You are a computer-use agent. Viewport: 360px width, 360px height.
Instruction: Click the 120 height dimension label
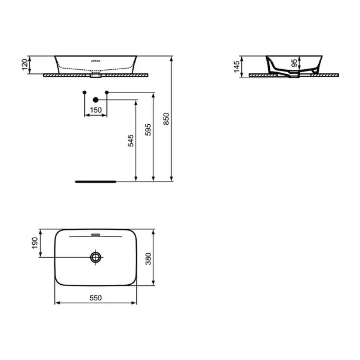(24, 64)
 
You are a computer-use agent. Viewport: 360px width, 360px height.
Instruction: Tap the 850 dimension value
(166, 119)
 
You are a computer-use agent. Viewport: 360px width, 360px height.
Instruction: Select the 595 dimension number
(148, 130)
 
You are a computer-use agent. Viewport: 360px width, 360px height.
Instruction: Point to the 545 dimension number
(131, 140)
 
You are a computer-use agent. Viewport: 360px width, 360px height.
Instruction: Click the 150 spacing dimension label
(96, 110)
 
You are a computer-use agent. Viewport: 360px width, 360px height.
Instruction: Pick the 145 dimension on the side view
(236, 67)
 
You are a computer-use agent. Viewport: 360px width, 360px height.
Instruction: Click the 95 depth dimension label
(294, 63)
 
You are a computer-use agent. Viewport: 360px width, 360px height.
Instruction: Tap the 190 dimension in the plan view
(35, 243)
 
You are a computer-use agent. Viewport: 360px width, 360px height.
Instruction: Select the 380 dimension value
(149, 259)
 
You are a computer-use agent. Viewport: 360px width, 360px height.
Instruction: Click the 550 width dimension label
(96, 298)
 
